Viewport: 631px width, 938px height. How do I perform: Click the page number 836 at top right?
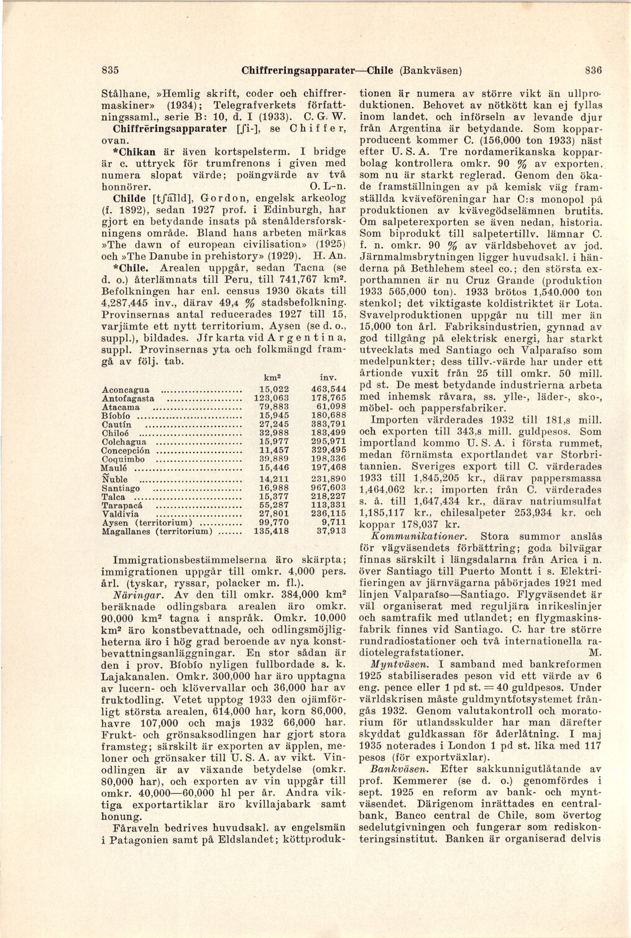593,70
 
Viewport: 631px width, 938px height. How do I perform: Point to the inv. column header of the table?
328,377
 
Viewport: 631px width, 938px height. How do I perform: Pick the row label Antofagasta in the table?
128,398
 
